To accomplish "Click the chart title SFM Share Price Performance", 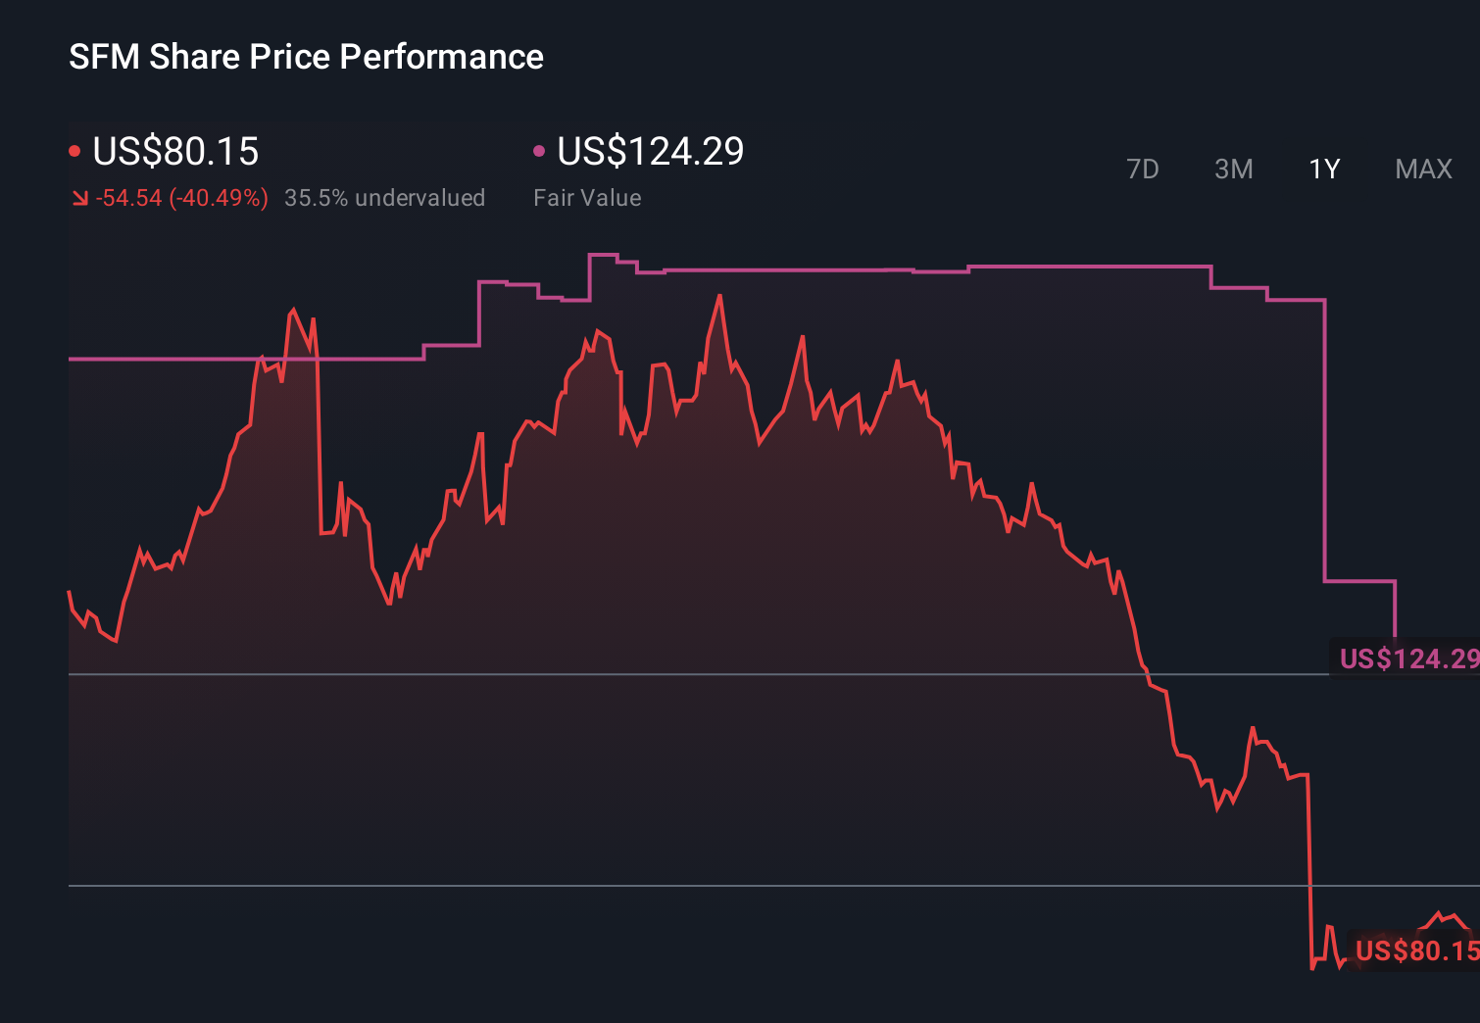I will pyautogui.click(x=306, y=57).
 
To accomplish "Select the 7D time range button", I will pyautogui.click(x=1142, y=170).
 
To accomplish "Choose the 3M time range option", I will pyautogui.click(x=1233, y=170).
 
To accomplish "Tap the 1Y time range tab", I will pyautogui.click(x=1324, y=170).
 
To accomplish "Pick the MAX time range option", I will pyautogui.click(x=1423, y=170).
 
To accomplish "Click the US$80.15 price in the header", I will pyautogui.click(x=175, y=152).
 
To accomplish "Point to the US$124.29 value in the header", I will pyautogui.click(x=650, y=152).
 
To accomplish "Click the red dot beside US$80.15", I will pyautogui.click(x=74, y=151).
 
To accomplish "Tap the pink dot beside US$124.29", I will pyautogui.click(x=539, y=151).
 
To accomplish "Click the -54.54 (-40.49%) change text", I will pyautogui.click(x=181, y=198).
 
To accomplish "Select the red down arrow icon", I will pyautogui.click(x=79, y=199).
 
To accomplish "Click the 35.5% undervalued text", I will pyautogui.click(x=384, y=198).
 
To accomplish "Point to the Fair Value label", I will pyautogui.click(x=587, y=198).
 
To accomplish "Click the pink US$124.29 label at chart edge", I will pyautogui.click(x=1407, y=658).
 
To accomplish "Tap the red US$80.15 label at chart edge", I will pyautogui.click(x=1415, y=950).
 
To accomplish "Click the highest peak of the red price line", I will pyautogui.click(x=720, y=296).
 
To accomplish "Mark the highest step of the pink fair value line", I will pyautogui.click(x=603, y=255).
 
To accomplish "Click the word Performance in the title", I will pyautogui.click(x=441, y=57).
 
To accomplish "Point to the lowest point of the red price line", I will pyautogui.click(x=1312, y=968).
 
